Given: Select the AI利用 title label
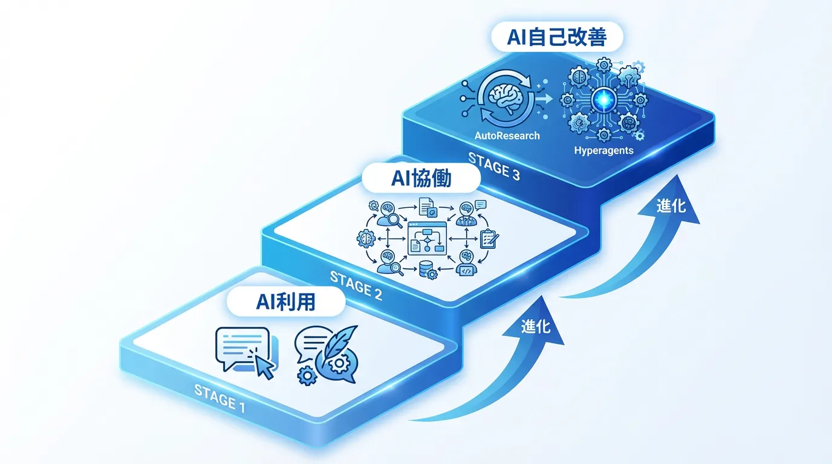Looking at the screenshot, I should tap(286, 300).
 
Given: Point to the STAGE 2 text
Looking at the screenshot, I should tap(356, 286).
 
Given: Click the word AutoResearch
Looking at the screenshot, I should tap(507, 135).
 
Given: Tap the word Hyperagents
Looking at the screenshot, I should tap(603, 150).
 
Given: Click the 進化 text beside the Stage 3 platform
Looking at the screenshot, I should tap(671, 205).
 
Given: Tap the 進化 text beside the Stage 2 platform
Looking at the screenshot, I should tap(536, 326).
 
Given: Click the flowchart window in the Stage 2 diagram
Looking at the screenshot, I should tap(427, 238).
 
